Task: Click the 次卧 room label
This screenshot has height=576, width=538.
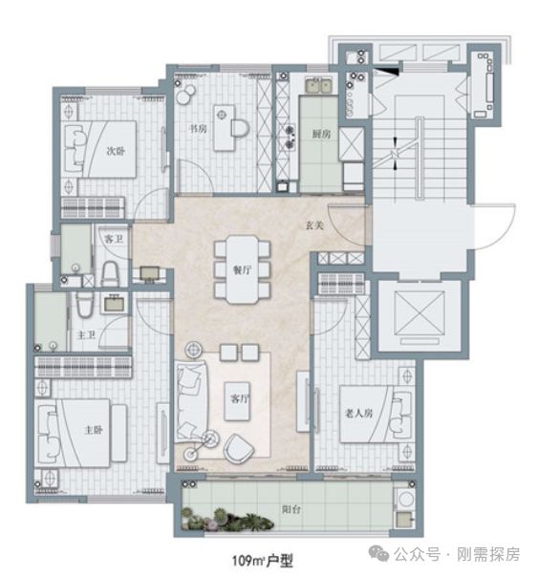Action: click(x=116, y=151)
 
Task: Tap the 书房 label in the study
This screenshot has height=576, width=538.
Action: click(x=198, y=129)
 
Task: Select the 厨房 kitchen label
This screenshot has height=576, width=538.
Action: click(x=321, y=134)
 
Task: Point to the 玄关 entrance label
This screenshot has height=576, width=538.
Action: click(x=315, y=225)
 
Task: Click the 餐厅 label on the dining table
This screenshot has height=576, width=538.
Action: click(x=242, y=270)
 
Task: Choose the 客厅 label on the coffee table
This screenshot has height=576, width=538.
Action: click(x=239, y=399)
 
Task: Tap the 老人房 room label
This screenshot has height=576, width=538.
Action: click(x=358, y=414)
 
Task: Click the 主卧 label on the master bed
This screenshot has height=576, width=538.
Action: click(x=94, y=430)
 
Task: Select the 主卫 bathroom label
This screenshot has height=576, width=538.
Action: click(x=86, y=335)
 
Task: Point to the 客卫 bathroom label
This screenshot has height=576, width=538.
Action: click(x=114, y=239)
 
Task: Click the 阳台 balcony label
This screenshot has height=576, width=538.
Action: click(x=291, y=509)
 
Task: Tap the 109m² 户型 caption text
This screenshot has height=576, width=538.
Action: click(x=263, y=561)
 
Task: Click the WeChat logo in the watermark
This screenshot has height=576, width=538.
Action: click(x=378, y=554)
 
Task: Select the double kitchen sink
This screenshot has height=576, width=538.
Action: click(x=318, y=86)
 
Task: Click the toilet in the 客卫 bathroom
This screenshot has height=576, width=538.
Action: click(x=110, y=274)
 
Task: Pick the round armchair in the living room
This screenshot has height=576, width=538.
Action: click(x=239, y=449)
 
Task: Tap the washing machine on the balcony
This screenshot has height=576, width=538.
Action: click(x=406, y=500)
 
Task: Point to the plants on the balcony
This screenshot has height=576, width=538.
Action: click(x=227, y=519)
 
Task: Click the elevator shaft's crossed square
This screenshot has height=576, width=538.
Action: click(x=420, y=313)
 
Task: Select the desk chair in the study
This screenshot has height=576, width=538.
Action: click(x=240, y=128)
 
